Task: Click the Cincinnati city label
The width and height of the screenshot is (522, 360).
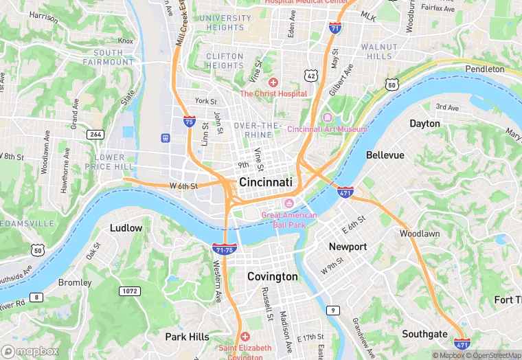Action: (266, 182)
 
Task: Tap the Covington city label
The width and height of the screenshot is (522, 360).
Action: (273, 276)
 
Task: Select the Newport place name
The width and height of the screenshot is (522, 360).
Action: (348, 246)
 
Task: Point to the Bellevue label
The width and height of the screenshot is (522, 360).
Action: (385, 155)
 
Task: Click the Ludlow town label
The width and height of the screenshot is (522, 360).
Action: (126, 227)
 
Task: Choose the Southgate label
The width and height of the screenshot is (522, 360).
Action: (424, 334)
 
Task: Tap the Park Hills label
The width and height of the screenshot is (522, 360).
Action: (187, 337)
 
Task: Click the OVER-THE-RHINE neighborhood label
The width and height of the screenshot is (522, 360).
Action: (258, 130)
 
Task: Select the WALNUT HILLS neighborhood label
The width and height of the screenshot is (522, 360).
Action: (379, 52)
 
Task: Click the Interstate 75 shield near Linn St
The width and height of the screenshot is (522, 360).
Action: (189, 121)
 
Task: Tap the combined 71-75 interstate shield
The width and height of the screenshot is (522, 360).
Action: (225, 249)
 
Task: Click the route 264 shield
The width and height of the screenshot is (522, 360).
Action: (95, 135)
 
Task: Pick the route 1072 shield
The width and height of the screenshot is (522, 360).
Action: (128, 291)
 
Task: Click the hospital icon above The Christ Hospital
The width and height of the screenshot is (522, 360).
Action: (273, 82)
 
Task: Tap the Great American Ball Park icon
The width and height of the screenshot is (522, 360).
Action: (289, 203)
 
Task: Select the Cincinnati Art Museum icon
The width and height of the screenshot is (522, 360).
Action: (327, 117)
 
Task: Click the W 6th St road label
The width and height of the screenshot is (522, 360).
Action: (183, 185)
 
